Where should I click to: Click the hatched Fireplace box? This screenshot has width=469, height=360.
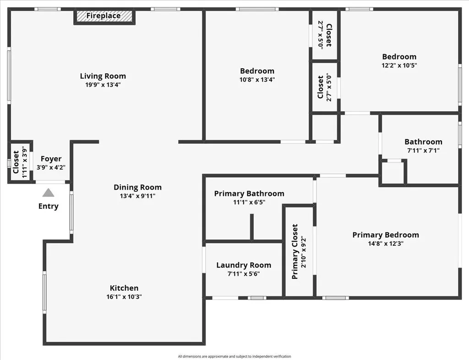tap(104, 16)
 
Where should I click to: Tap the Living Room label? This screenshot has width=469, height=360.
tap(103, 76)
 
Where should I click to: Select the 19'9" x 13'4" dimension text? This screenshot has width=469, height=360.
tap(103, 85)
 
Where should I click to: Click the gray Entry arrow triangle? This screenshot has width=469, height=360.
tap(48, 193)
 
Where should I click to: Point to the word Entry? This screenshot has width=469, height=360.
tap(48, 206)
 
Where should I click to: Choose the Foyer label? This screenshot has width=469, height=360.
tap(51, 159)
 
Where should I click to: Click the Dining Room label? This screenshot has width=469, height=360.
tap(137, 187)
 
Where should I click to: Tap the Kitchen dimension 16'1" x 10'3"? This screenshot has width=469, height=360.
tap(124, 296)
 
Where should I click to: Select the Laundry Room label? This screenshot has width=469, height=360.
tap(243, 265)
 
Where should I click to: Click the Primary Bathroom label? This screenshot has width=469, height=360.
tap(249, 194)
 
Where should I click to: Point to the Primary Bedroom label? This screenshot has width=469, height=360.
tap(385, 235)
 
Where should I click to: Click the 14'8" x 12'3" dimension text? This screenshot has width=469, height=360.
tap(385, 244)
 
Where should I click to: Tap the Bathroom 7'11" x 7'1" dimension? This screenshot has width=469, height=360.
tap(423, 150)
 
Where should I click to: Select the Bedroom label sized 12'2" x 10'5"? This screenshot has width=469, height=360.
tap(399, 57)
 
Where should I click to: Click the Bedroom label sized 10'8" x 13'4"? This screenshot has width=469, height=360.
tap(257, 71)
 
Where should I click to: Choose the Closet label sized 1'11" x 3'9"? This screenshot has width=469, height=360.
tap(16, 162)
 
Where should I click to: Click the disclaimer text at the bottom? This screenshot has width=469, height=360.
tap(234, 356)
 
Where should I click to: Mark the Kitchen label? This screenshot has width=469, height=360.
tap(124, 288)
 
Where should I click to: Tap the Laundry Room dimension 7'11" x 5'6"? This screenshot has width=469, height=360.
tap(243, 274)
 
